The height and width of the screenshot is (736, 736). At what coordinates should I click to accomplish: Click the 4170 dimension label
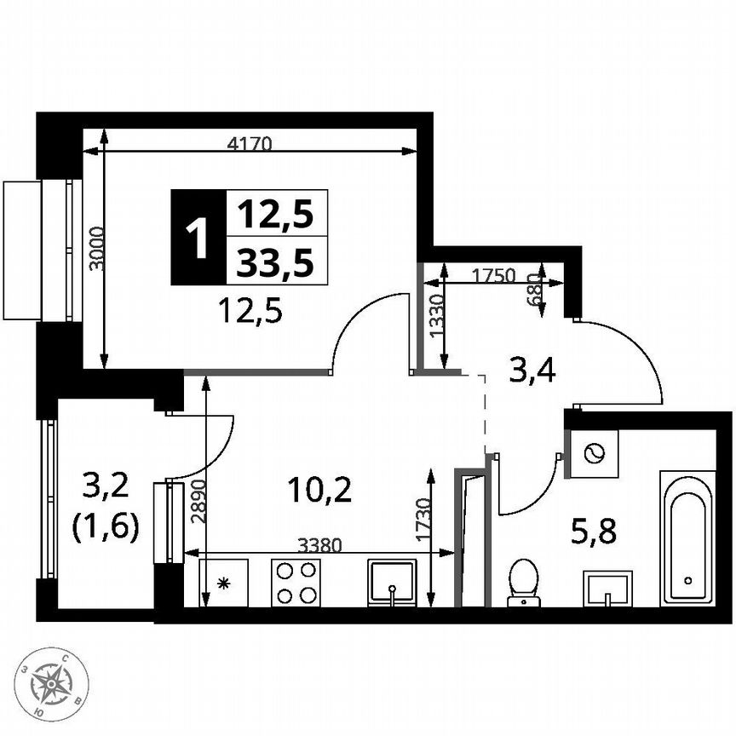click(x=249, y=144)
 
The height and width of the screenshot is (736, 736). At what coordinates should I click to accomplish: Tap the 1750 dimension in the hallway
click(x=494, y=275)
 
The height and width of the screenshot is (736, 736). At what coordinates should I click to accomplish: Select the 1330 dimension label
click(x=436, y=319)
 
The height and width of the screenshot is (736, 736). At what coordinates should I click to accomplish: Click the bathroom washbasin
click(x=607, y=589)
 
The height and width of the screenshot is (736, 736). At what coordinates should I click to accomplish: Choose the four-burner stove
click(x=296, y=583)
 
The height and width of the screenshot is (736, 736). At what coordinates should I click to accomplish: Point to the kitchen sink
click(x=392, y=583)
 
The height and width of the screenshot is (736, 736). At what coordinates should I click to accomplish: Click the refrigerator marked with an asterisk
click(x=223, y=583)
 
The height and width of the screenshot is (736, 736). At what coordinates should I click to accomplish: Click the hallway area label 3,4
click(x=532, y=371)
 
